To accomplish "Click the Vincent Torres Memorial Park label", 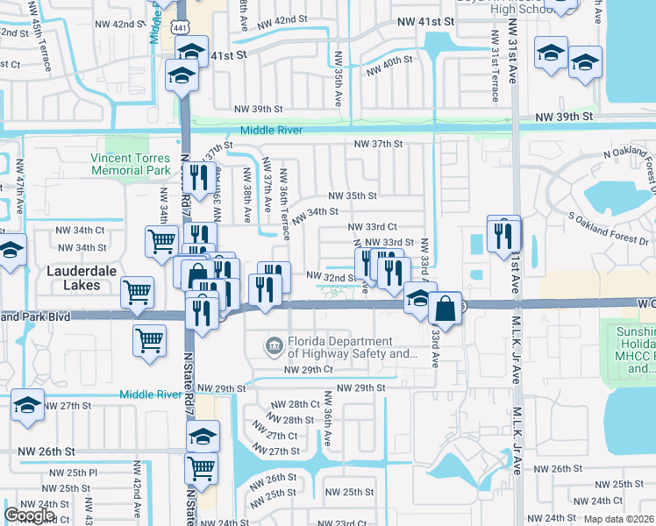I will pos(130,164).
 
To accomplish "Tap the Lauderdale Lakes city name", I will pos(81,272).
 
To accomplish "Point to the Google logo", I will pos(29,515).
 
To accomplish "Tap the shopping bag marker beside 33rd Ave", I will pos(445,308).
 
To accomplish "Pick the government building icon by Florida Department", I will pos(275,348).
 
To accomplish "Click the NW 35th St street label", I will pos(353,196).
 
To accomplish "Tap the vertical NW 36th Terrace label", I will pos(284,203).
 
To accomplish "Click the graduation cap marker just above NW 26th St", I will pos(203,436).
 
